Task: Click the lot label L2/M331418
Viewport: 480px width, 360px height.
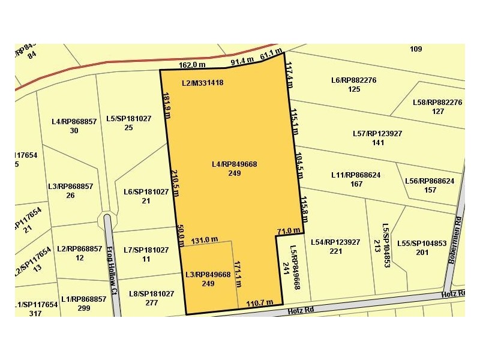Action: [x=203, y=83]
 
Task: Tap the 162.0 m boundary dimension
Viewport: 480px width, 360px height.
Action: [x=192, y=65]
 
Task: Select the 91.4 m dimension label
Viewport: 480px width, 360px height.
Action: [x=243, y=61]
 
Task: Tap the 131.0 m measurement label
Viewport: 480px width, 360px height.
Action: [x=204, y=240]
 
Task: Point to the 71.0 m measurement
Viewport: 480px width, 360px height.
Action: [x=288, y=230]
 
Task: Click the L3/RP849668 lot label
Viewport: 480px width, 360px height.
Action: [x=208, y=275]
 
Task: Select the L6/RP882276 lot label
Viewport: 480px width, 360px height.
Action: [x=353, y=80]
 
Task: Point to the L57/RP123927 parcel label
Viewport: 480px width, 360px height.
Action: [x=377, y=133]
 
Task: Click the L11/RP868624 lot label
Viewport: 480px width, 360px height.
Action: [x=356, y=175]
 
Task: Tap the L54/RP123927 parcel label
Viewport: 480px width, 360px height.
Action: [x=335, y=242]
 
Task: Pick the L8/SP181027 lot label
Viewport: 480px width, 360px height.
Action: [x=151, y=293]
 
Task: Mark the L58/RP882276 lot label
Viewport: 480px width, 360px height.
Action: [x=437, y=103]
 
